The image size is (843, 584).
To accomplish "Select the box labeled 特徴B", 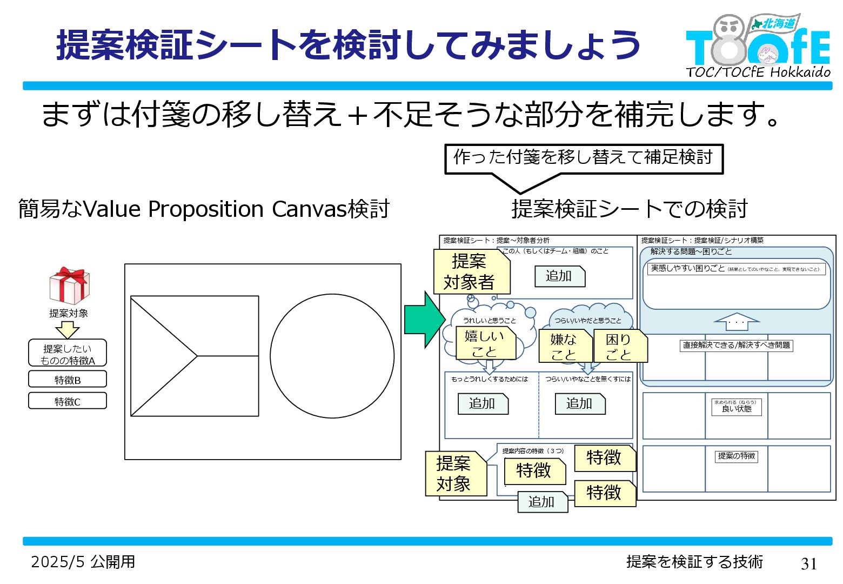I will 68,380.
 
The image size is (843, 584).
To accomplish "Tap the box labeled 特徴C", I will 68,401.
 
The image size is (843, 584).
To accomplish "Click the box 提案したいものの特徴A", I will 68,354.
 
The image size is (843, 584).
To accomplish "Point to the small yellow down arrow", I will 68,329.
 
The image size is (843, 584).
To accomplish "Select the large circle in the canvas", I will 332,356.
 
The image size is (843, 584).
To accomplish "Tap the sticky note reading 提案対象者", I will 471,272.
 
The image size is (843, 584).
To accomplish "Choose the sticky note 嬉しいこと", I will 485,344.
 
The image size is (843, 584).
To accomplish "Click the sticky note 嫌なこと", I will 564,346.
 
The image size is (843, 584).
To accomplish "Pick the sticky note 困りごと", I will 619,346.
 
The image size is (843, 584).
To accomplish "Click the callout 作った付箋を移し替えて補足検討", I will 583,158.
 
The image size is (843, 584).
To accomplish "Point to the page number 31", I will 809,563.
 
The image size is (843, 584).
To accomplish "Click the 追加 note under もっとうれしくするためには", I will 483,403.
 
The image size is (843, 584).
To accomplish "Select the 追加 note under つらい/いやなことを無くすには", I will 580,403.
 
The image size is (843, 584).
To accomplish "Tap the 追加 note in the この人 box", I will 559,276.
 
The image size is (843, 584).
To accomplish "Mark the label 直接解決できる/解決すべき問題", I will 736,345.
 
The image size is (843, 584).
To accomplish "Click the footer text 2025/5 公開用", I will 83,562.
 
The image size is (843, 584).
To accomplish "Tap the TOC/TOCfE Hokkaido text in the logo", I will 758,72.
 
